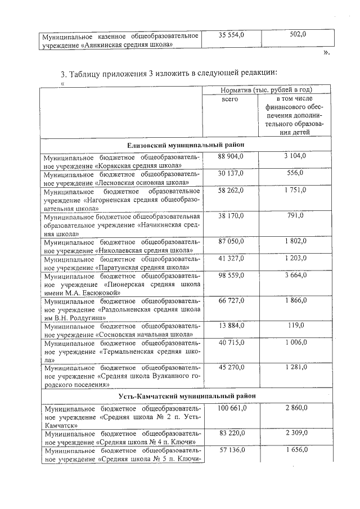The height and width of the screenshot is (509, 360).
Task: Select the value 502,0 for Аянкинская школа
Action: pyautogui.click(x=298, y=35)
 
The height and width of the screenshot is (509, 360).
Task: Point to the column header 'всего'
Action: pyautogui.click(x=230, y=99)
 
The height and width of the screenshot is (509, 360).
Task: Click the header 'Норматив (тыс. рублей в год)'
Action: pyautogui.click(x=267, y=89)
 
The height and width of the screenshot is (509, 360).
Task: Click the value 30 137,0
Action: pyautogui.click(x=232, y=173)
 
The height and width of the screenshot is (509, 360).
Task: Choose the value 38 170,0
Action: pyautogui.click(x=232, y=215)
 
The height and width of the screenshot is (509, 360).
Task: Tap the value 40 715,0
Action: pyautogui.click(x=232, y=342)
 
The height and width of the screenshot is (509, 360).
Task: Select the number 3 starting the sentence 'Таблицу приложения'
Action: pyautogui.click(x=62, y=74)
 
